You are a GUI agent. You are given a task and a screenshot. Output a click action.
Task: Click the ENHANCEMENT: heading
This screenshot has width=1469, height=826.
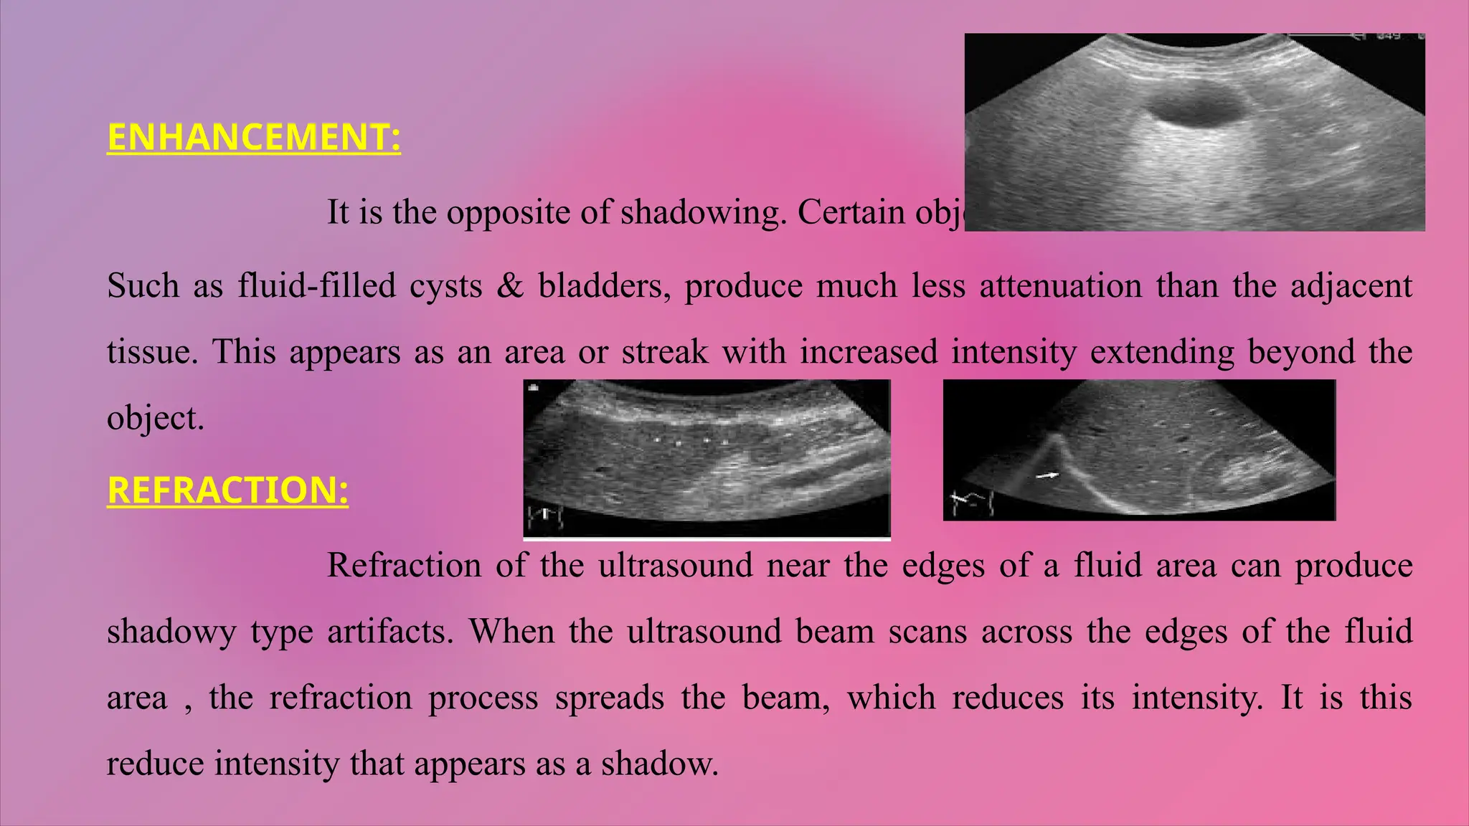253,137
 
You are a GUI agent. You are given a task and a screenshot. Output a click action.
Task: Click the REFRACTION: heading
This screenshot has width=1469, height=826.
227,490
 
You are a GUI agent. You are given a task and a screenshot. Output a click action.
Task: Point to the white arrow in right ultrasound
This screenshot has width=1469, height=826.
1048,475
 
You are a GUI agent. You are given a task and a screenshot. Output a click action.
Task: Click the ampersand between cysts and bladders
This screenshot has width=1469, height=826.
510,286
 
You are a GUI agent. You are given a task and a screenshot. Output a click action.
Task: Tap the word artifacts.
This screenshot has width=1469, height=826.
390,632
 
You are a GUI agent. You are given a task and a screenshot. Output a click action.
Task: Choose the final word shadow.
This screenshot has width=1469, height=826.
659,764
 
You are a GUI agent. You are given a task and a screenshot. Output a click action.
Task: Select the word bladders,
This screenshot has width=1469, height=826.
604,286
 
